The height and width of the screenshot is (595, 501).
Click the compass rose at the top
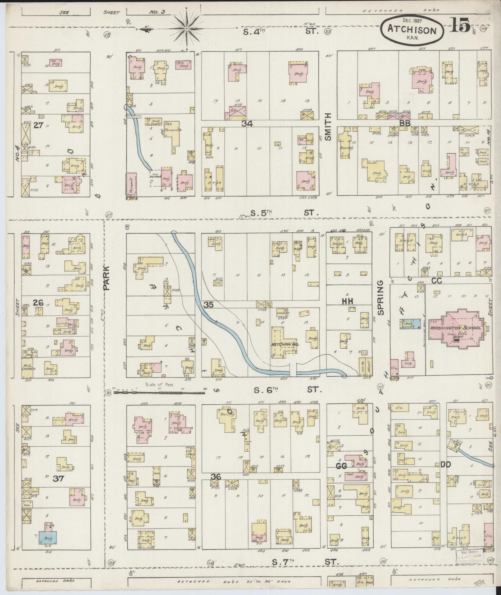point(187,29)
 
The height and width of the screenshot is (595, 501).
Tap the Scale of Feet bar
point(159,393)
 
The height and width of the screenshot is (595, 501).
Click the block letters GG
point(341,466)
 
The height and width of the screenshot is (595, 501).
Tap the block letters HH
point(348,301)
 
